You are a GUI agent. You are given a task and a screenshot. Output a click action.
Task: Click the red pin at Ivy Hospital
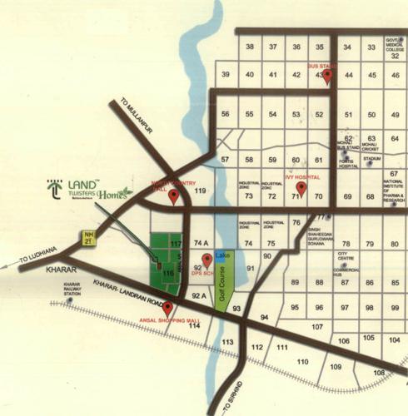click(301, 187)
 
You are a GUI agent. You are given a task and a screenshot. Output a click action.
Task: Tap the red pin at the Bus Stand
click(327, 76)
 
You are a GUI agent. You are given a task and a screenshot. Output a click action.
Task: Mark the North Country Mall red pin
click(174, 196)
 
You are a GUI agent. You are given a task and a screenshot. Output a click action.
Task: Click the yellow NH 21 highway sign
click(88, 239)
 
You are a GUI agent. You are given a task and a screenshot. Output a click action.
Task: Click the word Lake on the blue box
click(222, 255)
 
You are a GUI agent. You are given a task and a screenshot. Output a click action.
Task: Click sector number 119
click(200, 191)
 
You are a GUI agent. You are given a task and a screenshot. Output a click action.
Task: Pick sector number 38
click(249, 47)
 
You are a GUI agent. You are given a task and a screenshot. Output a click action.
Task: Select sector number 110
click(302, 362)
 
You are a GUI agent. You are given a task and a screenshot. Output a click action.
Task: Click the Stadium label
click(372, 158)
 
